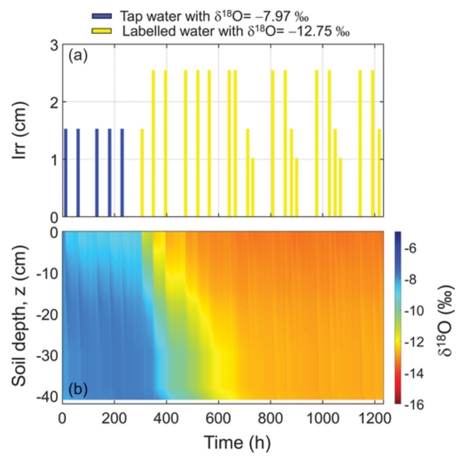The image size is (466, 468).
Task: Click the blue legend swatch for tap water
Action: point(102,16)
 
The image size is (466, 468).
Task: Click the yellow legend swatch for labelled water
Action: point(102,31)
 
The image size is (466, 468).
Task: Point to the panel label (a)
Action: point(78,56)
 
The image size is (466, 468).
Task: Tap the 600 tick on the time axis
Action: point(219,419)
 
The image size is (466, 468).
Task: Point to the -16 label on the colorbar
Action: point(414,404)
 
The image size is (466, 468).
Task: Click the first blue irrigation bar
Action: point(66,173)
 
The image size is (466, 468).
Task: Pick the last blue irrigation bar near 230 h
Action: point(122,173)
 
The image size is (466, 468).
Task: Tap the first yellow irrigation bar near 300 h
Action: point(142,173)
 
